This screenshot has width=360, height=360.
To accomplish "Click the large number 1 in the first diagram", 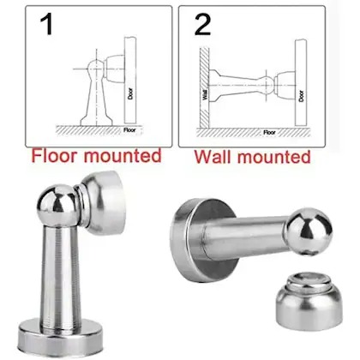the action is click(x=47, y=25).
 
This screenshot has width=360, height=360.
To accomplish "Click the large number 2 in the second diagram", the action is click(x=203, y=25).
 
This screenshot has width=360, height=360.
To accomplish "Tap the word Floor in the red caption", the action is click(x=54, y=156).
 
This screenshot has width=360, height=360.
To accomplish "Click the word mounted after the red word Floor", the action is click(x=123, y=156).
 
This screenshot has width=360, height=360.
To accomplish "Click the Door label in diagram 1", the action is click(x=130, y=93).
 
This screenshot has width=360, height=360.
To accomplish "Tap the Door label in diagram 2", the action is click(x=301, y=96).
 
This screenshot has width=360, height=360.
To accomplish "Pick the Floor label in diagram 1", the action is click(x=129, y=130).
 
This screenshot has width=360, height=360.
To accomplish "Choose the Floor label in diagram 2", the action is click(x=269, y=133).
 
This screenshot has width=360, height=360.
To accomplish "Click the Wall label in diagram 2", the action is click(x=205, y=94).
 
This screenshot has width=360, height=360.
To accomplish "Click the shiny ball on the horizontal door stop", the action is click(x=309, y=231).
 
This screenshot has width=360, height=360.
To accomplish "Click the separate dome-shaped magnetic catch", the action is click(x=309, y=297).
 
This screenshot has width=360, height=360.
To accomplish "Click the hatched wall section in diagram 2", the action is click(x=204, y=87).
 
